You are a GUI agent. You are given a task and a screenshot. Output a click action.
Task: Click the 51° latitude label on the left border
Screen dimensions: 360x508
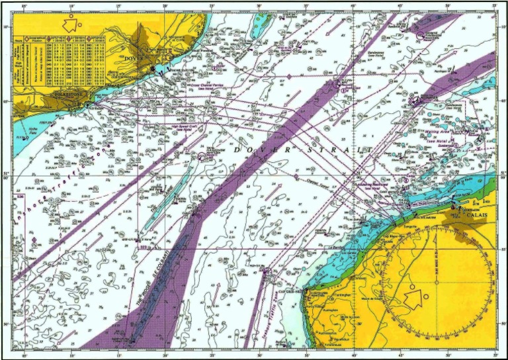click(x=7, y=175)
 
